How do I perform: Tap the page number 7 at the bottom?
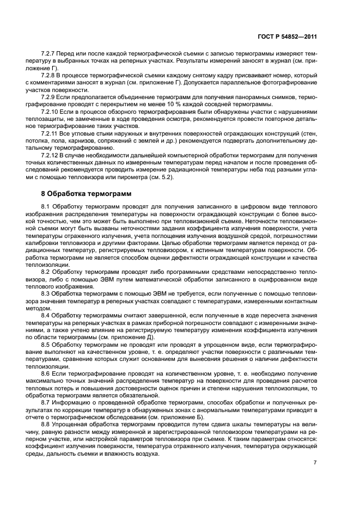[315, 463]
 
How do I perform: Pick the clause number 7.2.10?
[51, 111]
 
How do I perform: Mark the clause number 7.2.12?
[51, 154]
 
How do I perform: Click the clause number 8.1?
[46, 207]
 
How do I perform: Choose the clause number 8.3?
[46, 293]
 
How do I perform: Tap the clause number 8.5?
[46, 344]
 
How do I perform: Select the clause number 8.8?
[46, 423]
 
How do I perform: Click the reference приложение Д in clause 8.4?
[134, 338]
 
